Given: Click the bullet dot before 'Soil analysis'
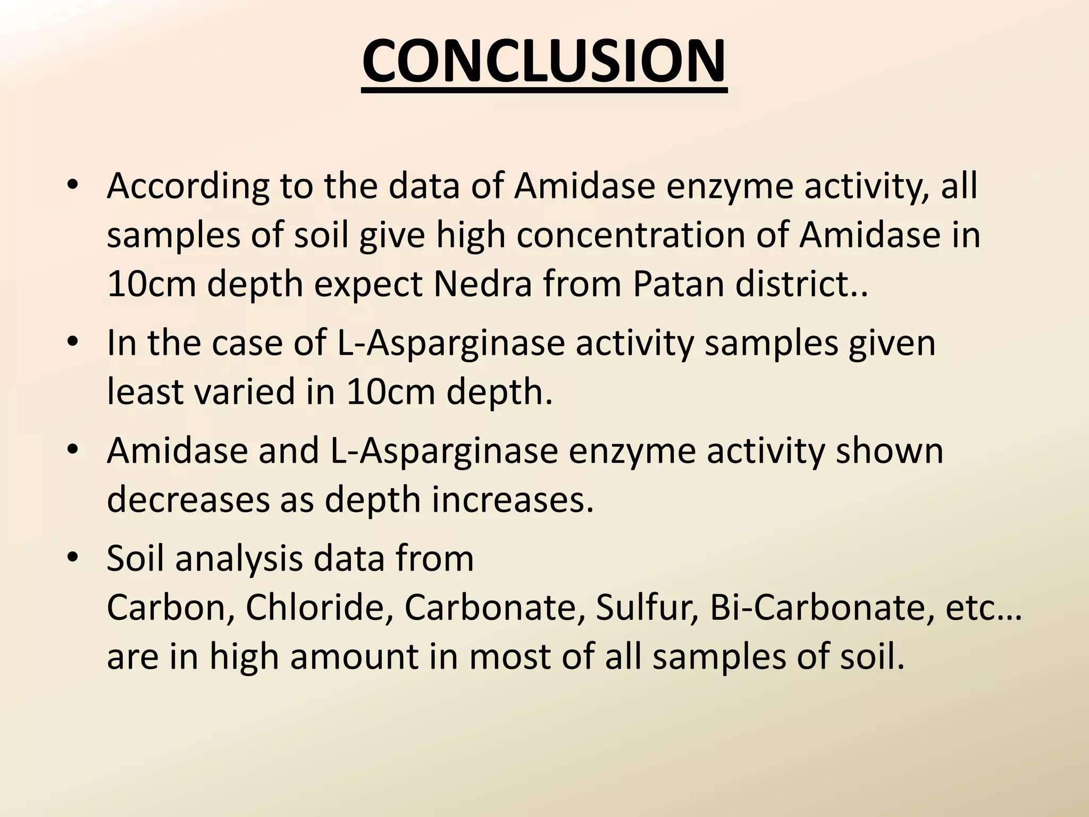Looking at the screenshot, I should pos(73,558).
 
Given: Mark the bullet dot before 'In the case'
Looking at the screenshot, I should pos(73,343).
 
